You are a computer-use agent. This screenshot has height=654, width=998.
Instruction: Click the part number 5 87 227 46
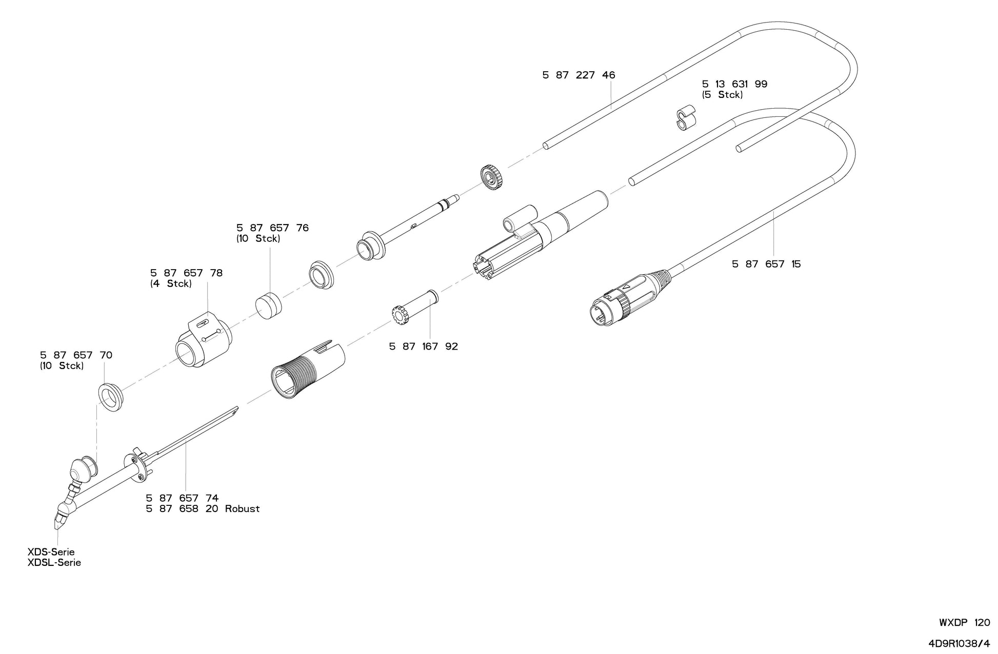pyautogui.click(x=578, y=75)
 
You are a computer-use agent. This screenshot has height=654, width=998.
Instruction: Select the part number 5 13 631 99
pyautogui.click(x=734, y=84)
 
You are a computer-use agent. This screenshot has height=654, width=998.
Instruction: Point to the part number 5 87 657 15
pyautogui.click(x=766, y=264)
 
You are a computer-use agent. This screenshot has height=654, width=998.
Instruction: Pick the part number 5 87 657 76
pyautogui.click(x=272, y=228)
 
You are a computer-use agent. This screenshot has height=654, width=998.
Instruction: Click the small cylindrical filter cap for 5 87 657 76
pyautogui.click(x=269, y=305)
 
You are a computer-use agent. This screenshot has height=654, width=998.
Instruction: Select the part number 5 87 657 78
pyautogui.click(x=186, y=273)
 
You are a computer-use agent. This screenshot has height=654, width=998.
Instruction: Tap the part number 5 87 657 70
pyautogui.click(x=76, y=355)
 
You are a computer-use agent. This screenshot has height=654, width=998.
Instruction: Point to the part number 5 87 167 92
pyautogui.click(x=423, y=346)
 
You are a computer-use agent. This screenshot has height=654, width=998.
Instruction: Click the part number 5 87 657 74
pyautogui.click(x=182, y=498)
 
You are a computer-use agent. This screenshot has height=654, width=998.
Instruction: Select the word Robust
pyautogui.click(x=242, y=509)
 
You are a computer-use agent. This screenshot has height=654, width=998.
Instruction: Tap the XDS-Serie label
pyautogui.click(x=51, y=552)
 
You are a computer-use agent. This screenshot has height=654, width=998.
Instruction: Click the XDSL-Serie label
pyautogui.click(x=54, y=563)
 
